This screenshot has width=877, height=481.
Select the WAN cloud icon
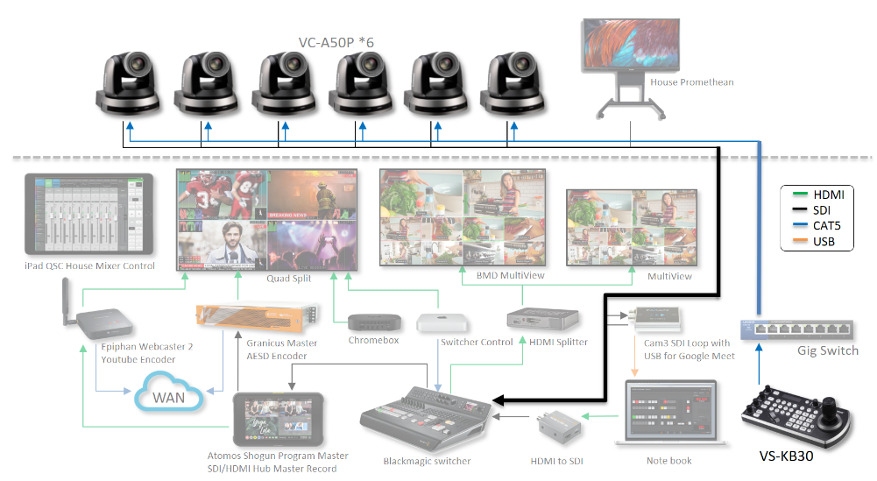tap(169, 397)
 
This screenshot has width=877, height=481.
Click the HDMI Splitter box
tap(543, 321)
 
